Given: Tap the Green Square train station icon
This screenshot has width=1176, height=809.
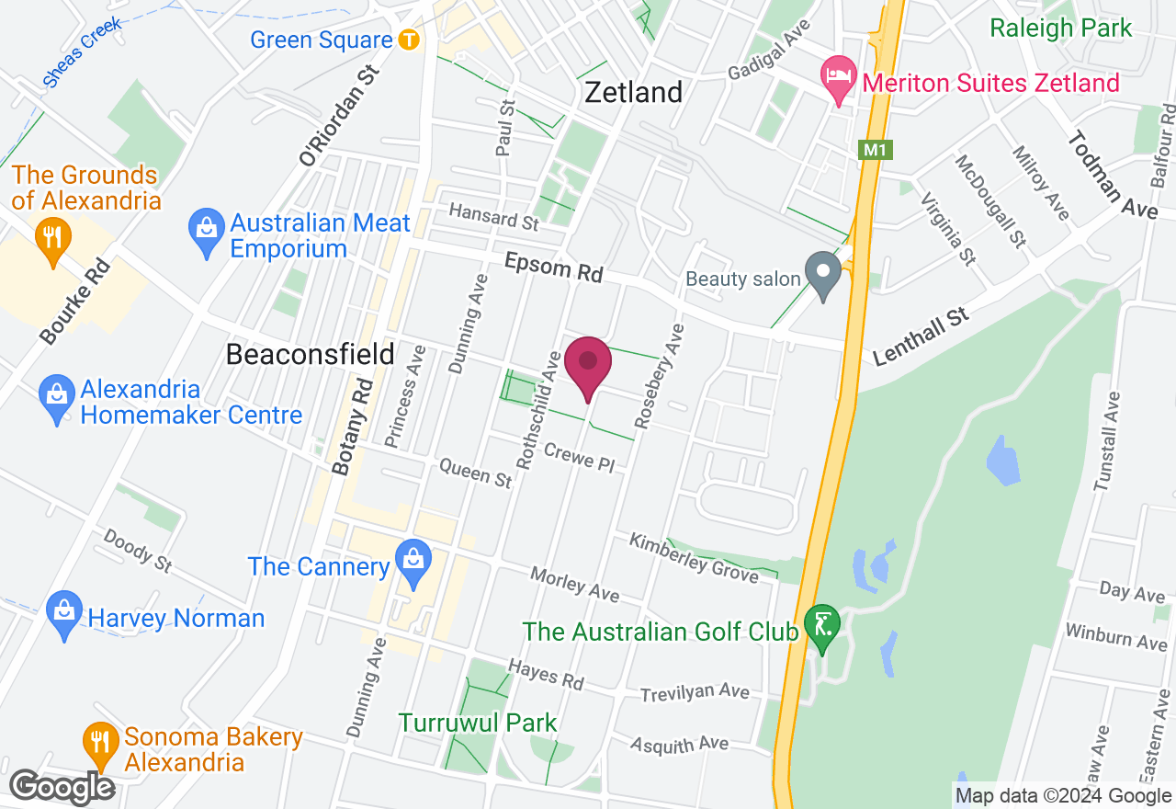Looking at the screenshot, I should (x=409, y=40).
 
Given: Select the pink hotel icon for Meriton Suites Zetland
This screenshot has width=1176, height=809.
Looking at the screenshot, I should (x=838, y=74).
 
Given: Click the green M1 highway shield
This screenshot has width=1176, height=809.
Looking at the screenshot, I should (x=876, y=150).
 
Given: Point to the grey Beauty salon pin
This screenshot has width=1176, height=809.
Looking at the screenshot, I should (x=823, y=273).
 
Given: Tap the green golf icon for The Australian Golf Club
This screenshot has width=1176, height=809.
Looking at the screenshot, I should (x=820, y=624).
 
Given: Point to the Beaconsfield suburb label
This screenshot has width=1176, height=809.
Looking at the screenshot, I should (x=310, y=354).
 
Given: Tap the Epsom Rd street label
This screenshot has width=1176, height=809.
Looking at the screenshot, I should (x=554, y=268).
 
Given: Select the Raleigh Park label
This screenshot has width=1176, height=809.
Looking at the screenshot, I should (x=1061, y=28).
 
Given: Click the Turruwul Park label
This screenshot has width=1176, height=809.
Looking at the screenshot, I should (x=478, y=723).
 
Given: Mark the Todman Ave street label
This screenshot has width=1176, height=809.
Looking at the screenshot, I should (x=1112, y=174).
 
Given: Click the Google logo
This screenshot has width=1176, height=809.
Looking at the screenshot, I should (x=62, y=787).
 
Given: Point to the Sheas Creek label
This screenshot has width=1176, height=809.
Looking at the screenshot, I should (x=83, y=52).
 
